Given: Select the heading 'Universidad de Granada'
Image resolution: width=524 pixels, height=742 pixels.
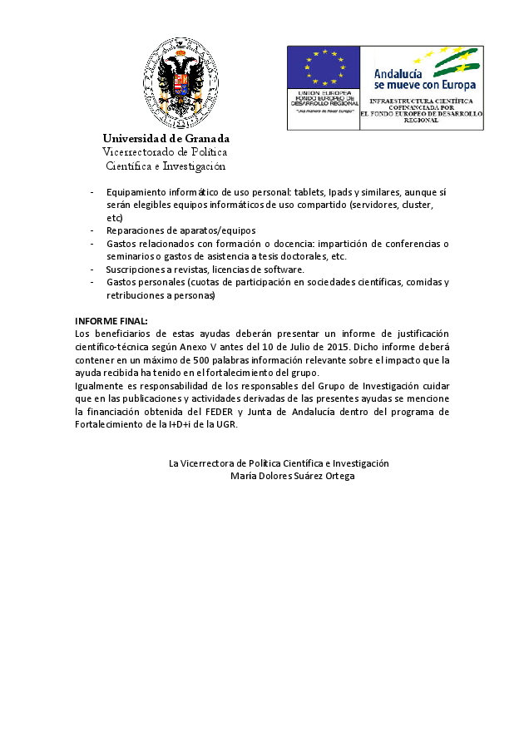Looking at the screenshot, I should [x=166, y=138].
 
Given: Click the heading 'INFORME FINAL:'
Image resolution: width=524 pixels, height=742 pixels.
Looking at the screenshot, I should [x=111, y=320].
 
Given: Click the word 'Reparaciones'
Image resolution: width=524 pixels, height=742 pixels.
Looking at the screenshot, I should [x=136, y=230].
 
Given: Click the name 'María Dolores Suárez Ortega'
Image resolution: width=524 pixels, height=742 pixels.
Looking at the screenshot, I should [x=292, y=476].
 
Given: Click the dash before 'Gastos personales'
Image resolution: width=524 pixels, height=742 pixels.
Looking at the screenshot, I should [x=91, y=282].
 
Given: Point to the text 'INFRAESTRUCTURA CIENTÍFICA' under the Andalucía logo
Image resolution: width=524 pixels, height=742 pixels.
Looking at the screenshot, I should [x=421, y=101].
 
